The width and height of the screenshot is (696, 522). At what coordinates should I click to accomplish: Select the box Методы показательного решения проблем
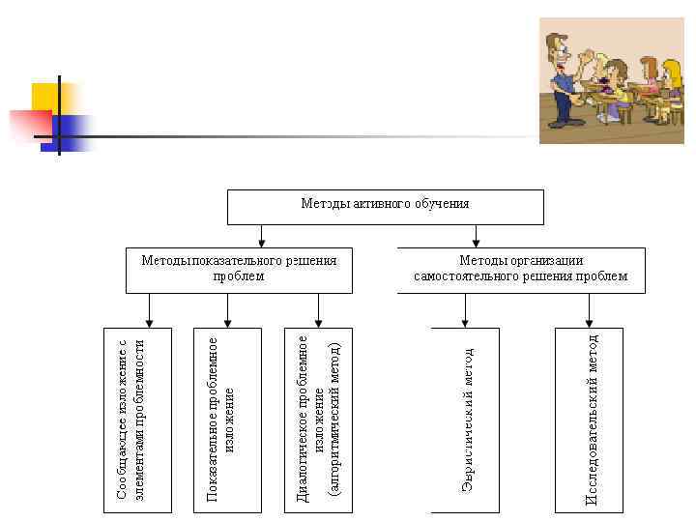239,270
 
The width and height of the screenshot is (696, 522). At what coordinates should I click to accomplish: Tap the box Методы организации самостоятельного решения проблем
521,270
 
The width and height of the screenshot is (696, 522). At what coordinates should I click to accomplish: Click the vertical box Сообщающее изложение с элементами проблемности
138,420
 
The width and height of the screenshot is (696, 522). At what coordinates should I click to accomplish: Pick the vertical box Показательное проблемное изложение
227,420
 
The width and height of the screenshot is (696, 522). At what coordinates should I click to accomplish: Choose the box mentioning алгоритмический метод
318,420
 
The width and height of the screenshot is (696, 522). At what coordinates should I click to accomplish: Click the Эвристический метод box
465,420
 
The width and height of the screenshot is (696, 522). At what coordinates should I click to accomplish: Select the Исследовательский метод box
590,420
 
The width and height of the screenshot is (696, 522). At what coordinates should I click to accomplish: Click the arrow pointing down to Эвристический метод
465,311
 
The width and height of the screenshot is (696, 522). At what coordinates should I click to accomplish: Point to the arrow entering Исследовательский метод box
590,311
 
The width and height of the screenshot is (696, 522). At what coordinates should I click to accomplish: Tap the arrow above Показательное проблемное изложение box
227,311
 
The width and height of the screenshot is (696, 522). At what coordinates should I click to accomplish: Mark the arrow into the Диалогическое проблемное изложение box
318,311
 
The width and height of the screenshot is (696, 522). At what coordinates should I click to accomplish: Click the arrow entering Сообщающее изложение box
149,311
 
